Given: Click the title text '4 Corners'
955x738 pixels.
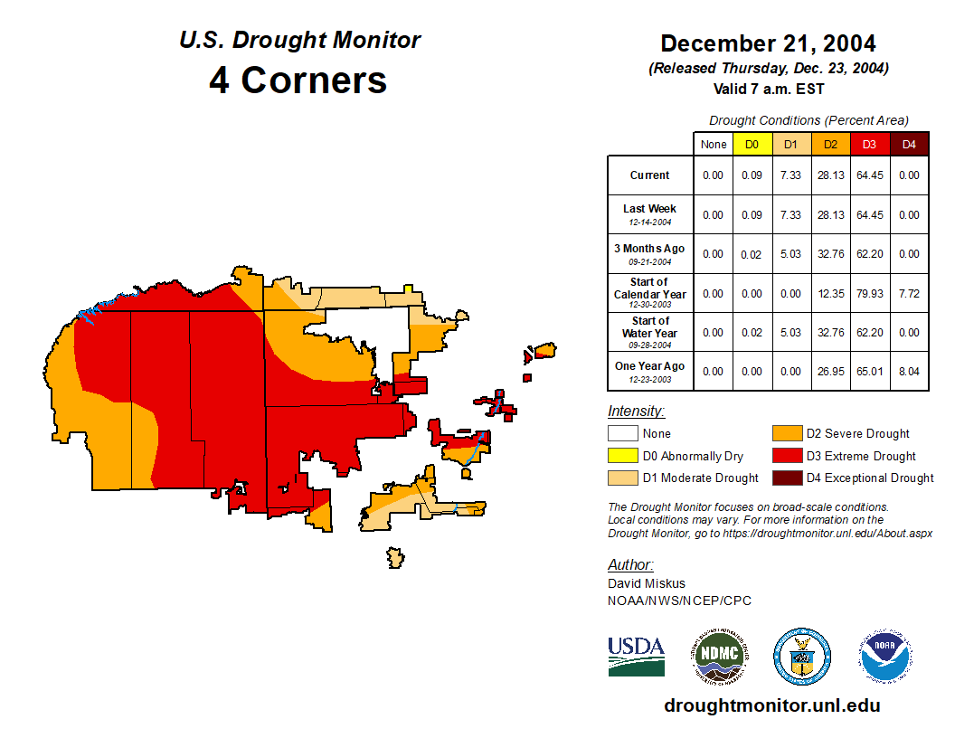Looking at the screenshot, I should pyautogui.click(x=298, y=80).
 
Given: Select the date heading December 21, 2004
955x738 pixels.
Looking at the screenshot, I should pyautogui.click(x=768, y=43).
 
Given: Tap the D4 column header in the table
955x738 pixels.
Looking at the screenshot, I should pyautogui.click(x=909, y=144).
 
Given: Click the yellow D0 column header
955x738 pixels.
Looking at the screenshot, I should pyautogui.click(x=752, y=144).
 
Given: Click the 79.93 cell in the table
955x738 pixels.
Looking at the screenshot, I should pyautogui.click(x=870, y=293).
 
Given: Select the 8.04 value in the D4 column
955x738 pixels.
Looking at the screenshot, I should pyautogui.click(x=909, y=371).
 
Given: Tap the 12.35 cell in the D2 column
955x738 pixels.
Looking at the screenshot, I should pyautogui.click(x=830, y=293).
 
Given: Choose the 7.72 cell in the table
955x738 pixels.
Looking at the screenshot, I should pyautogui.click(x=909, y=293).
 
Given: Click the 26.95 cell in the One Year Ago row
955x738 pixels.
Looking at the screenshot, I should pyautogui.click(x=830, y=371).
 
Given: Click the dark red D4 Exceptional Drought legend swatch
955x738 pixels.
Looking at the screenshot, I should pyautogui.click(x=785, y=478).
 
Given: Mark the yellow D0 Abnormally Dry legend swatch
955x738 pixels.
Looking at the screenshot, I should pyautogui.click(x=623, y=456).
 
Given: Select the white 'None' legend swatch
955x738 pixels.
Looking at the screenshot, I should pyautogui.click(x=623, y=434).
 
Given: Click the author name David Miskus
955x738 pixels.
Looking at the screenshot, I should pyautogui.click(x=647, y=583).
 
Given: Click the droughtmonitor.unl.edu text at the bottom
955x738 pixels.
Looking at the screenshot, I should pyautogui.click(x=771, y=705).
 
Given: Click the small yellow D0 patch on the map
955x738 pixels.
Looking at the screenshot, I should pyautogui.click(x=409, y=289).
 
